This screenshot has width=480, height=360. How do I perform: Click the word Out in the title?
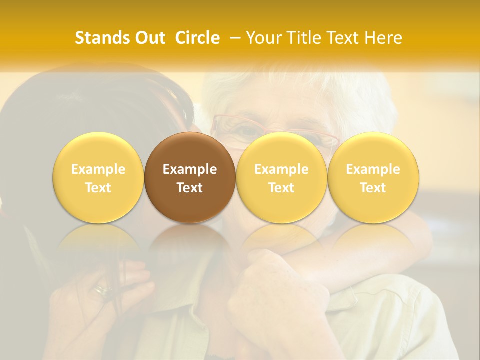[x=150, y=38]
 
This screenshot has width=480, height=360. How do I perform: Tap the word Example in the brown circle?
[x=190, y=169]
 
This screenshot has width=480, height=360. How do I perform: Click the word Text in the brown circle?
[x=190, y=188]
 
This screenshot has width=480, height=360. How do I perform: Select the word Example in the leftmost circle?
[x=98, y=169]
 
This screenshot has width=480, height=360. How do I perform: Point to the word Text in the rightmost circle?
[x=373, y=188]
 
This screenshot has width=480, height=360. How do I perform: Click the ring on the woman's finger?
[x=103, y=290]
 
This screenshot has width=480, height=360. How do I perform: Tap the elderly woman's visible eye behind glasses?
[x=245, y=131]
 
